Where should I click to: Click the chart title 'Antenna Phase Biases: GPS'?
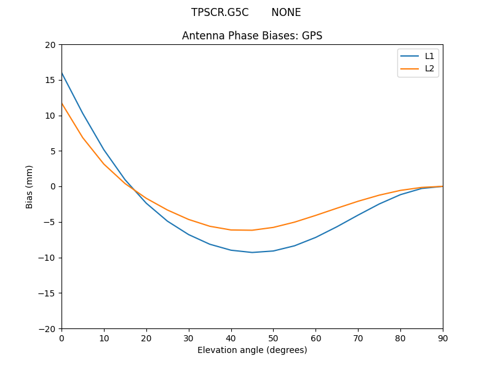[x=252, y=36]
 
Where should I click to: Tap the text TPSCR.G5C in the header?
[x=220, y=12]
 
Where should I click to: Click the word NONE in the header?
[x=286, y=12]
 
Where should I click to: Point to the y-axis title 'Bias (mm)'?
[x=30, y=186]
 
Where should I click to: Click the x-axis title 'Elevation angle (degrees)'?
[x=252, y=350]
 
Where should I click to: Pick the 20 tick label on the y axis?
[x=50, y=45]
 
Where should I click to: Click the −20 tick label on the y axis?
[x=47, y=328]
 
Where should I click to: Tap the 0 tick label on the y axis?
[x=52, y=186]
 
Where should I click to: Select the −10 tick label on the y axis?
[x=47, y=258]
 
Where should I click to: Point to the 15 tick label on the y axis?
[x=50, y=80]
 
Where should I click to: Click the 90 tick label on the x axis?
[x=443, y=338]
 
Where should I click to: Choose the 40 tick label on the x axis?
[x=231, y=338]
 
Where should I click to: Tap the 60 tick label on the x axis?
[x=315, y=338]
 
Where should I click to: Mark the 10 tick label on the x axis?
[x=104, y=338]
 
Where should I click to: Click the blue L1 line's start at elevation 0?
[x=61, y=73]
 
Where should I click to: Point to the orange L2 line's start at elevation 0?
[x=61, y=103]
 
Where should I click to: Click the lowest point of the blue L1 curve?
[x=252, y=252]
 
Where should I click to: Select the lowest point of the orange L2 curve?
[x=252, y=230]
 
